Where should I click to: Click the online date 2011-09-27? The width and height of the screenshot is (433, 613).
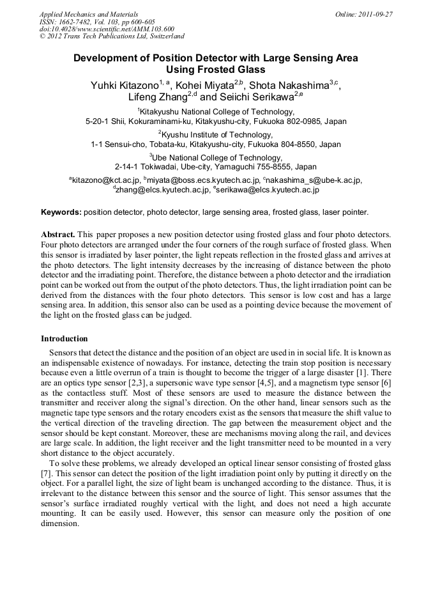pos(374,13)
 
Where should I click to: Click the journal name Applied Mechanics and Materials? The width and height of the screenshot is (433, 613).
pos(88,13)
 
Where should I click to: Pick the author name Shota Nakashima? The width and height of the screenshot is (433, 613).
pos(289,86)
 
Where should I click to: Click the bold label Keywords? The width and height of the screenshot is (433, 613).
pos(61,212)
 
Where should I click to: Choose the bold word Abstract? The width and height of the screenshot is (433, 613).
pos(58,235)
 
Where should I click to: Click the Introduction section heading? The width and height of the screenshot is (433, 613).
pos(65,338)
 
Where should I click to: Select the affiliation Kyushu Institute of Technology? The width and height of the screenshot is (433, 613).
pos(217,135)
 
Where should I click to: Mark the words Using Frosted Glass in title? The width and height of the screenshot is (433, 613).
pos(216,70)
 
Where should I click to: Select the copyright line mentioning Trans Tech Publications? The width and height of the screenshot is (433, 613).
pos(112,36)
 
